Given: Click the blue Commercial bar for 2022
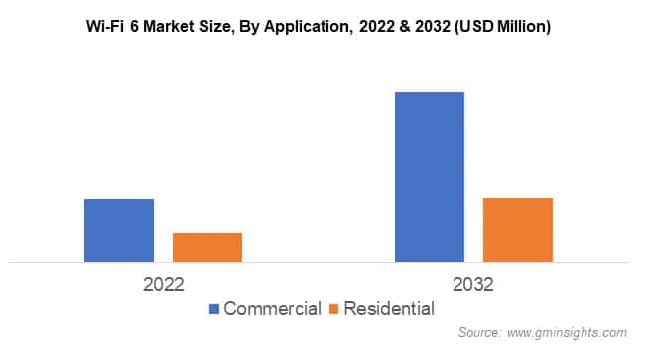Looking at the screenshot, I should pyautogui.click(x=119, y=230).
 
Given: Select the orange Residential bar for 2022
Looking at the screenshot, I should pyautogui.click(x=207, y=247).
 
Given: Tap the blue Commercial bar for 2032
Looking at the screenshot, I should pyautogui.click(x=430, y=177).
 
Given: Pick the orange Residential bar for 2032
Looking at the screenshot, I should pyautogui.click(x=518, y=230).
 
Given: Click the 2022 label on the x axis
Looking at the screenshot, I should pyautogui.click(x=164, y=285).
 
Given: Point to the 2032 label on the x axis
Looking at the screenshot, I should pyautogui.click(x=474, y=285).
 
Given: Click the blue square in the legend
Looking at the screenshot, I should pyautogui.click(x=214, y=309).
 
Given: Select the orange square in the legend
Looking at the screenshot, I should pyautogui.click(x=334, y=309).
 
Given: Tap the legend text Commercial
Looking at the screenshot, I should pyautogui.click(x=272, y=309).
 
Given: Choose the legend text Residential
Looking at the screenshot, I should pyautogui.click(x=389, y=309).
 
